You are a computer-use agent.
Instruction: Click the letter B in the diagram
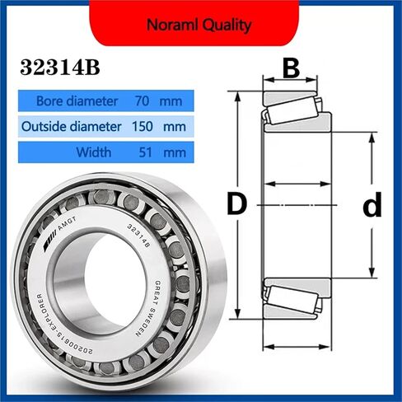click(290, 68)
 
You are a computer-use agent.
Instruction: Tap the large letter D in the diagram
click(237, 204)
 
